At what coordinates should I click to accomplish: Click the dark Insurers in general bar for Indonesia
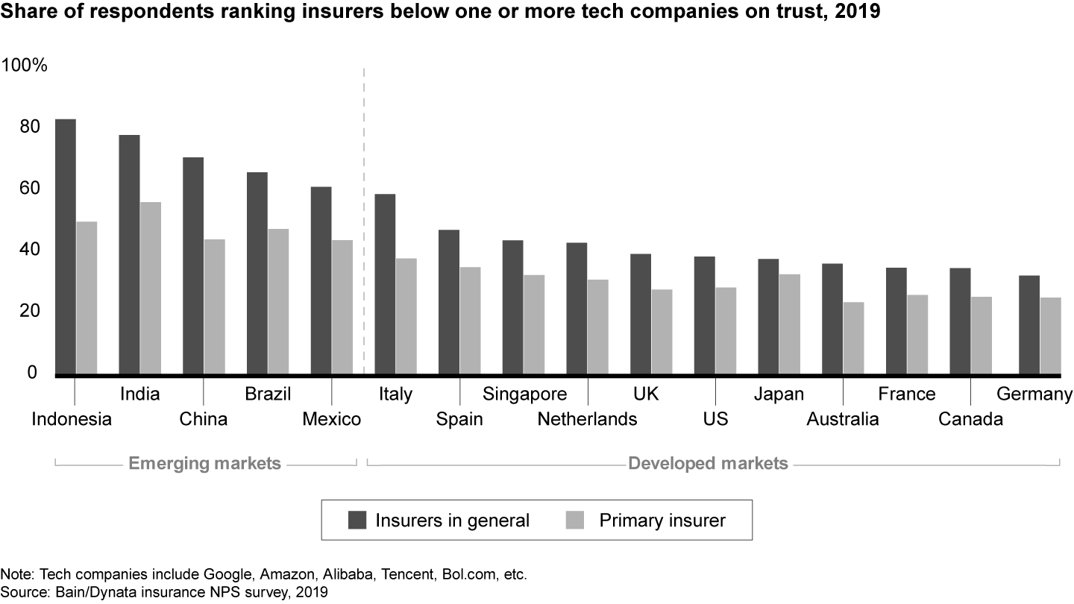pos(65,246)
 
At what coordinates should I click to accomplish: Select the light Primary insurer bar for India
pos(150,288)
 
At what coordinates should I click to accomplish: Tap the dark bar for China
pos(193,265)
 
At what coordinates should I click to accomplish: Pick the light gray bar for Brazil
pos(278,301)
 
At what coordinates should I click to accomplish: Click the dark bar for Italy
pos(385,283)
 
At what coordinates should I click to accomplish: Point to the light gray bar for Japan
pos(789,324)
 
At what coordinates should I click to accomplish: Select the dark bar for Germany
pos(1029,324)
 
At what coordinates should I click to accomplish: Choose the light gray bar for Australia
pos(853,337)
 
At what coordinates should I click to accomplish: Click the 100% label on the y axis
pos(25,66)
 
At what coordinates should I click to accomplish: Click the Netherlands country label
pos(587,419)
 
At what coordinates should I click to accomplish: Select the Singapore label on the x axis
pos(525,394)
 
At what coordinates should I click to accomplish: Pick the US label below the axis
pos(715,419)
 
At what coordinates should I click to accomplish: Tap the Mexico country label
pos(332,419)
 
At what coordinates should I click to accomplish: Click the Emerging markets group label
pos(205,464)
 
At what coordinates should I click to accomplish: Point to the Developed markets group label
pos(708,464)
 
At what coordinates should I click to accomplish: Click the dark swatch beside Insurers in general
pos(359,520)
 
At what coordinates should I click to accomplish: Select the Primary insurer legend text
pos(662,520)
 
